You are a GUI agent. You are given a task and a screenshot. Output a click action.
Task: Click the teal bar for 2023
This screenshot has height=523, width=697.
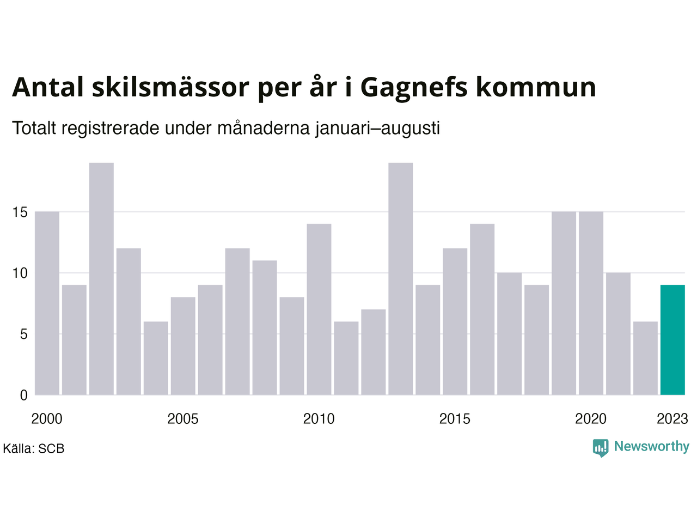(672, 340)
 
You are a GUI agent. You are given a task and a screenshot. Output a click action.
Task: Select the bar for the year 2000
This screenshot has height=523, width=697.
(47, 303)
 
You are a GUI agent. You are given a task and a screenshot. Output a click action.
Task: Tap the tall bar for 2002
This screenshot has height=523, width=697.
(101, 279)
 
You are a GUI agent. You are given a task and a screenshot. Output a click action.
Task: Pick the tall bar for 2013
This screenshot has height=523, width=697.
(401, 279)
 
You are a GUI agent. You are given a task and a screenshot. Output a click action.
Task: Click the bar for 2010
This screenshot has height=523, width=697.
(319, 309)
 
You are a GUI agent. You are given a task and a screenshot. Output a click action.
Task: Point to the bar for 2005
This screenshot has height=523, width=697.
(183, 346)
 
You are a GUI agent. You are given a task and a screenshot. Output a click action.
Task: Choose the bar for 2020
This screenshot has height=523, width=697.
(591, 303)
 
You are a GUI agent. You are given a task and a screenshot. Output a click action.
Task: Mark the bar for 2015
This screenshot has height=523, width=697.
(455, 321)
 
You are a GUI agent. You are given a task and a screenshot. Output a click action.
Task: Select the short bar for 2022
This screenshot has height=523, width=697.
(646, 358)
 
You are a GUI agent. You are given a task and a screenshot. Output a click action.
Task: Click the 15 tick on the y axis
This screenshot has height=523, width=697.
(20, 212)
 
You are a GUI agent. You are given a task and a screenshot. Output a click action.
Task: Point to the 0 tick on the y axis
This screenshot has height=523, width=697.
(24, 396)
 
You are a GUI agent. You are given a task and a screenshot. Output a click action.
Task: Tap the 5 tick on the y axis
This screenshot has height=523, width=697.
(24, 334)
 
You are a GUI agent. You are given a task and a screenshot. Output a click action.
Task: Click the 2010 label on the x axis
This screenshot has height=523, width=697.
(319, 419)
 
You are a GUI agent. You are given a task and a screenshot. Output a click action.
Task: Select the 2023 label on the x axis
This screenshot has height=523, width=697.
(672, 419)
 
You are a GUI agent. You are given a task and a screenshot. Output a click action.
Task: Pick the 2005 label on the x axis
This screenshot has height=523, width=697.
(183, 419)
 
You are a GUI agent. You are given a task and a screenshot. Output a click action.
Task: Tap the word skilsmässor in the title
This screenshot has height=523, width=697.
(171, 87)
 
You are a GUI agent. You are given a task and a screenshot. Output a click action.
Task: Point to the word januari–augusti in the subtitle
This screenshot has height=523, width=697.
(377, 129)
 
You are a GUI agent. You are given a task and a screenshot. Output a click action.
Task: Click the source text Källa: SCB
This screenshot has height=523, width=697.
(34, 449)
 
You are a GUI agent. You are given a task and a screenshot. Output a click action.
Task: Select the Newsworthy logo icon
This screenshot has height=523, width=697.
(601, 448)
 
